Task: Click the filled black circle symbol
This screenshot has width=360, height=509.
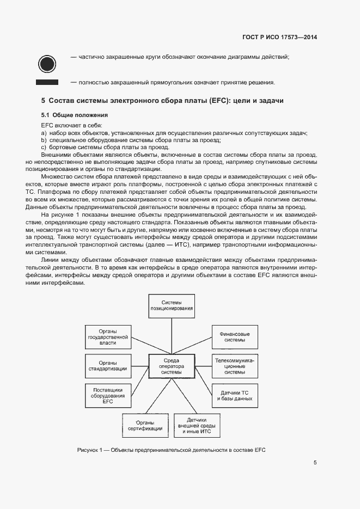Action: [x=47, y=63]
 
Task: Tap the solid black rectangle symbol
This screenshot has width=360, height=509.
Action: [x=47, y=82]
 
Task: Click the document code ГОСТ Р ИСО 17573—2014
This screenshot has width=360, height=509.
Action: [x=279, y=38]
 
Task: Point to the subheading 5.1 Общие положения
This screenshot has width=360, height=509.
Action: [x=75, y=115]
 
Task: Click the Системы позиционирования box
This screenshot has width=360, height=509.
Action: [x=172, y=305]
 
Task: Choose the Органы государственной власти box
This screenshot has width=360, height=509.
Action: [x=107, y=337]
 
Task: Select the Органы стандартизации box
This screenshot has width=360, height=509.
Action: [x=107, y=366]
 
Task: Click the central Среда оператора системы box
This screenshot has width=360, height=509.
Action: [x=172, y=366]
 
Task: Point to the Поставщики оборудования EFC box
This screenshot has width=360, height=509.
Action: [x=107, y=396]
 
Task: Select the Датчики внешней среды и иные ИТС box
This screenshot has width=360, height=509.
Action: [x=196, y=425]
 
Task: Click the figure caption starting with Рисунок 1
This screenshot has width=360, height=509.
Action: [x=171, y=450]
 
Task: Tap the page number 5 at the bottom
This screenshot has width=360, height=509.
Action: [x=315, y=463]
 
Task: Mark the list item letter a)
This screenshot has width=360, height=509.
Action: [x=43, y=133]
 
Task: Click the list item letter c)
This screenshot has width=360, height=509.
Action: [x=43, y=148]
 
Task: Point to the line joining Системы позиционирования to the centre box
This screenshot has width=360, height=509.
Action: [x=172, y=335]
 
